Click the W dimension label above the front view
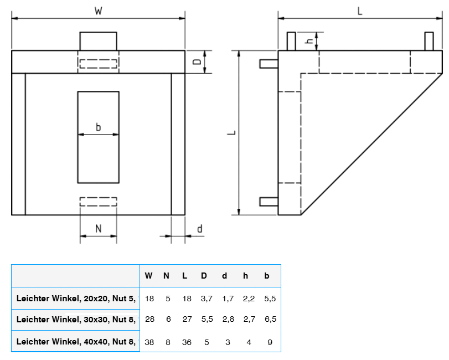(x=98, y=11)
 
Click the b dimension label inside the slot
(x=98, y=127)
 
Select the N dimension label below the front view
(x=98, y=228)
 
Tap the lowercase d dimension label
(x=199, y=228)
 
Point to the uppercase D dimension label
(x=197, y=61)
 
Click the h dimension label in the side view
(x=310, y=40)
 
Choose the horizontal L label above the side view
(x=360, y=11)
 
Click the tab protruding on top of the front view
(x=98, y=41)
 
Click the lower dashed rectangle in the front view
(x=98, y=202)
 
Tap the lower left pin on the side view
(x=269, y=202)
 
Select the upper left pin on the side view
(x=269, y=63)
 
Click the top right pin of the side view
(x=428, y=42)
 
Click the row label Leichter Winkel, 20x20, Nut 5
(x=76, y=298)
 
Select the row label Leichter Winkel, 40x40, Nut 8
(x=76, y=342)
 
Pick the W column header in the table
(x=149, y=276)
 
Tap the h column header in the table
(x=245, y=276)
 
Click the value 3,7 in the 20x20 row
(x=207, y=298)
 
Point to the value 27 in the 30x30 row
(x=187, y=320)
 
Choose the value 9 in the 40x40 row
(x=270, y=342)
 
